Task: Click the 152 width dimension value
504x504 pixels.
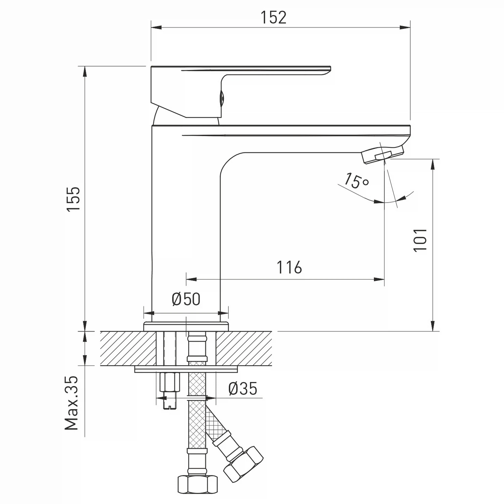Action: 274,17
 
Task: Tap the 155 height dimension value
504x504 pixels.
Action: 74,199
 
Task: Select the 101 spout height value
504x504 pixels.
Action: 420,240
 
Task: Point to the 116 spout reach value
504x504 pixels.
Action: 289,267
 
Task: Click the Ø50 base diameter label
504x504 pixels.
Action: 186,299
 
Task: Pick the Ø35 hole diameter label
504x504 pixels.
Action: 243,389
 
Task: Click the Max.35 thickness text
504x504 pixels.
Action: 72,403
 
